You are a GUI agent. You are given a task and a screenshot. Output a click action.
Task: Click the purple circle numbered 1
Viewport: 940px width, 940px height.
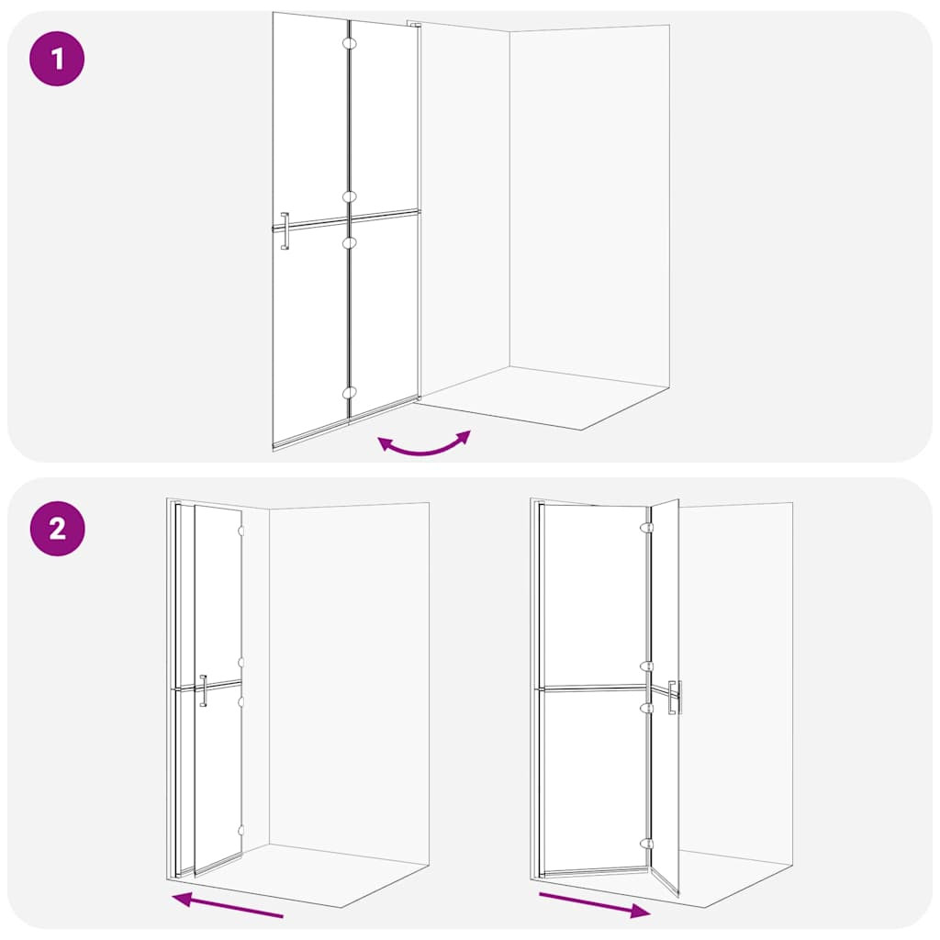coord(57,59)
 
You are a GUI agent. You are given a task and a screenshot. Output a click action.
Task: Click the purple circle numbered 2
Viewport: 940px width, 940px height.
coord(57,529)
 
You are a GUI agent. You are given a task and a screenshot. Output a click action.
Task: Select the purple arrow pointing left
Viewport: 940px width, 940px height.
coord(228,904)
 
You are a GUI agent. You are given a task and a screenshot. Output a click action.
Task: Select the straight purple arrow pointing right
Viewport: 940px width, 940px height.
coord(595,905)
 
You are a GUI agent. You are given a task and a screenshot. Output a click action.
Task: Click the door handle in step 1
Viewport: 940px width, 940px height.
coord(285,230)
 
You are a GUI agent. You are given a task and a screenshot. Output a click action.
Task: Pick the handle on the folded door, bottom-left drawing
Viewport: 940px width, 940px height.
coord(203,690)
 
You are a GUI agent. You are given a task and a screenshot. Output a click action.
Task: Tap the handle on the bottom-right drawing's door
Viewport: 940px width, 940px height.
coord(675,698)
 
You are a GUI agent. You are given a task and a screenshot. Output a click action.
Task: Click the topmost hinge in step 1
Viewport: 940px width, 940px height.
coord(350,43)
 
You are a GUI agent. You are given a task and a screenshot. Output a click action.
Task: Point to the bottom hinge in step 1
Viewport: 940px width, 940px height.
coord(350,393)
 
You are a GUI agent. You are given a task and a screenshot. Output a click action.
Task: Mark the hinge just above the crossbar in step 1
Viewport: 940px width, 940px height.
coord(350,196)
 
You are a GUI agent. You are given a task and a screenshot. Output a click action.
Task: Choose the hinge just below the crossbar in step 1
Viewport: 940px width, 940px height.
coord(350,242)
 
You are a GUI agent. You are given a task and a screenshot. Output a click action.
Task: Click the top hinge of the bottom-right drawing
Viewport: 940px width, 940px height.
coord(647,528)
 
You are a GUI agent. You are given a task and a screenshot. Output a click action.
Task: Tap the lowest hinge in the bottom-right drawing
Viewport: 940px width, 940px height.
coord(647,844)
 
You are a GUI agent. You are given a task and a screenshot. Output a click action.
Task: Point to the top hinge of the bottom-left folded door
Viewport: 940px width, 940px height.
coord(241,532)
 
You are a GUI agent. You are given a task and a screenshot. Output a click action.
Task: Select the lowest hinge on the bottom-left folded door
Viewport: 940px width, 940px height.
coord(241,831)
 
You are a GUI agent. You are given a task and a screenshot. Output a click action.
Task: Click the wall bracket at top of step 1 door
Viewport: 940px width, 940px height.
coord(414,25)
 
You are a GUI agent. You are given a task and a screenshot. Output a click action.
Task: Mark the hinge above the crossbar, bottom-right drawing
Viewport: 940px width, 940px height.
coord(647,666)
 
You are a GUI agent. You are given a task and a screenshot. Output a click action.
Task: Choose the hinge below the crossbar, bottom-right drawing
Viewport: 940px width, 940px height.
coord(647,708)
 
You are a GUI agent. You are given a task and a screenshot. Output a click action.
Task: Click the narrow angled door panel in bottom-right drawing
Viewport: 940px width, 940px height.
coord(665,696)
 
